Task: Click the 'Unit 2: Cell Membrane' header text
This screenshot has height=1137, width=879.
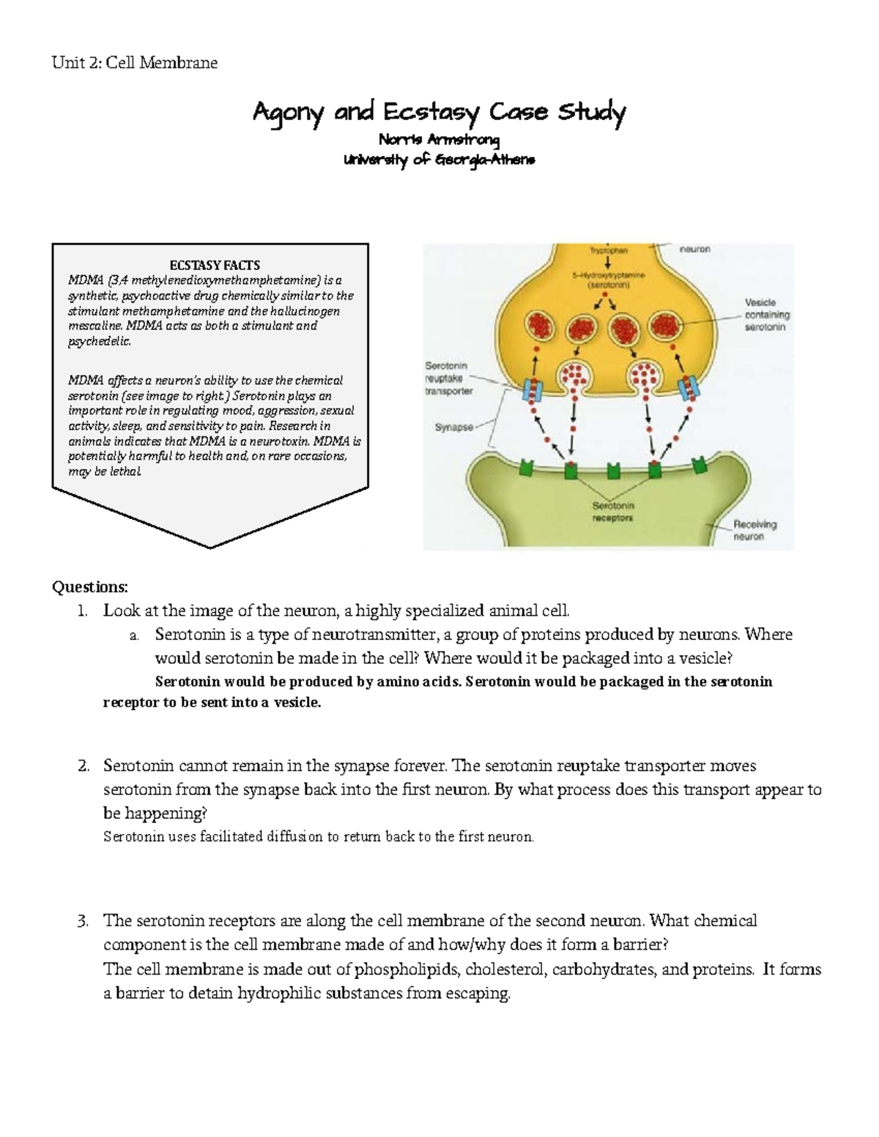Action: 134,63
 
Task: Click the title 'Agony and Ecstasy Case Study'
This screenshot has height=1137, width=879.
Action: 439,113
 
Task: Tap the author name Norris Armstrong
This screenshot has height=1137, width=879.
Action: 439,140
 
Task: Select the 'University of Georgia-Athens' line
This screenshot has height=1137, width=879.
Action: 439,160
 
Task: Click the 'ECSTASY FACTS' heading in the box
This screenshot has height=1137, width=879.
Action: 215,265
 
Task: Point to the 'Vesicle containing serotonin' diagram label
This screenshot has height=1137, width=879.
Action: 766,315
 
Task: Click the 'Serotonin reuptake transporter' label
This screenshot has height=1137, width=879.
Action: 448,378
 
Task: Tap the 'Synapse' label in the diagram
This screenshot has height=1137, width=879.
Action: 453,427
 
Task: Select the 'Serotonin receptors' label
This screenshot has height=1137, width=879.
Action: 612,512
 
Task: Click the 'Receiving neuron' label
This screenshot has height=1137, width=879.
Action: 754,530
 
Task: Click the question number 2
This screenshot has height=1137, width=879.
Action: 83,766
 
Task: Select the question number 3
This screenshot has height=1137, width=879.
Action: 83,920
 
